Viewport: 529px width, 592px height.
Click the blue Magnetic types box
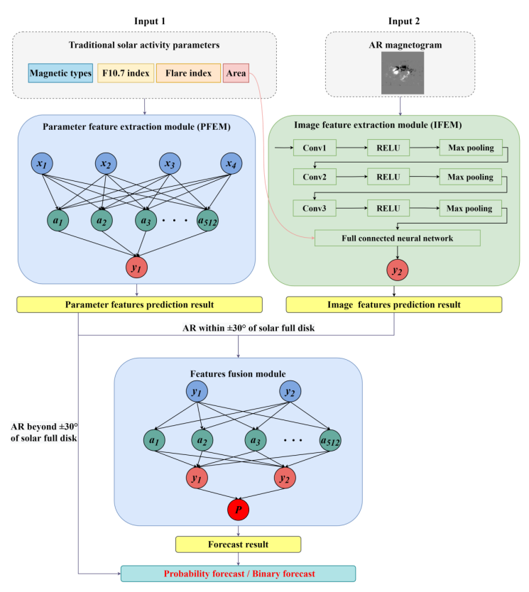[61, 73]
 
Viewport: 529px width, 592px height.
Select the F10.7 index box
[125, 73]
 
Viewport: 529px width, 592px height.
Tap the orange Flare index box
[188, 73]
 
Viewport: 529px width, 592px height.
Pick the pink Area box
[236, 73]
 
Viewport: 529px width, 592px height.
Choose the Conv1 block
[314, 148]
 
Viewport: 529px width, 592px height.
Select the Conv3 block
[314, 208]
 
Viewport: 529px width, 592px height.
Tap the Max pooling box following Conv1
[471, 148]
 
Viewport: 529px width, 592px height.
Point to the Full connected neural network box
[397, 238]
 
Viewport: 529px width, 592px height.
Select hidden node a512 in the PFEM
[209, 220]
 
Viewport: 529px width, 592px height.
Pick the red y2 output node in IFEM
[397, 270]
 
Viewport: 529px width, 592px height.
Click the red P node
[238, 509]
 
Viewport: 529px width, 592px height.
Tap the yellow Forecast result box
[238, 544]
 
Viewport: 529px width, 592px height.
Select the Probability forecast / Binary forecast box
[238, 574]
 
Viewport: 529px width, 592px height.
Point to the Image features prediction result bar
[393, 305]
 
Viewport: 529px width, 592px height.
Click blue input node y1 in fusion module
[196, 392]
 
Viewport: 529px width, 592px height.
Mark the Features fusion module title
[238, 373]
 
